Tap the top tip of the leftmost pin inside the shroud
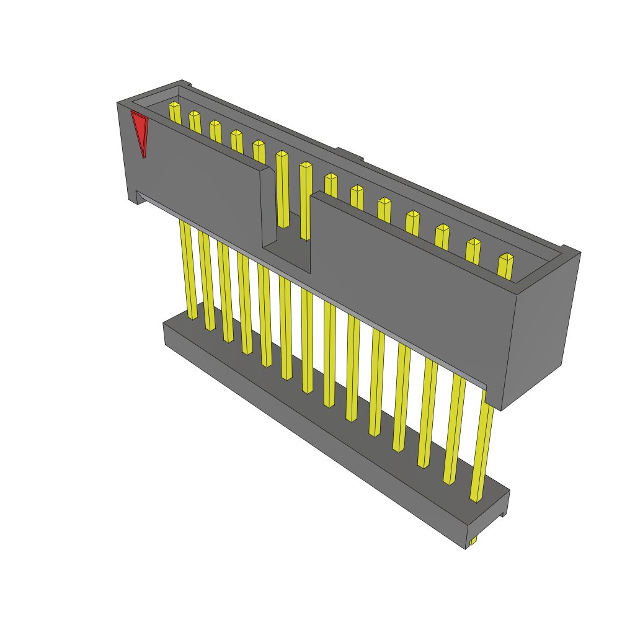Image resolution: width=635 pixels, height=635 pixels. pos(174,104)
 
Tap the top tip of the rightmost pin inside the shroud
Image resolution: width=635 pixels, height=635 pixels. pos(507,257)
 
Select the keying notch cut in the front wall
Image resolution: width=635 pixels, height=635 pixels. pos(286,245)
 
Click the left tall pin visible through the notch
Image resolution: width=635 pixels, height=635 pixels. pos(283,189)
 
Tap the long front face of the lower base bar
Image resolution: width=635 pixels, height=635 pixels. pos(310,434)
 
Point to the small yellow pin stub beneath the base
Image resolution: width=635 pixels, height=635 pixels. pos(473,541)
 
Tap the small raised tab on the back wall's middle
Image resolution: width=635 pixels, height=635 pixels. pos(349,153)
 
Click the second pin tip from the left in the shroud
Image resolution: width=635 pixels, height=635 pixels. pos(194,113)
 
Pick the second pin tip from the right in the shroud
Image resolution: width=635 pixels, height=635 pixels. pos(474,242)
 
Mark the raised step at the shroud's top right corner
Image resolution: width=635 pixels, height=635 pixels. pos(569,251)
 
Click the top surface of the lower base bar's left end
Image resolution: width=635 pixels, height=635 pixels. pos(180,325)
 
